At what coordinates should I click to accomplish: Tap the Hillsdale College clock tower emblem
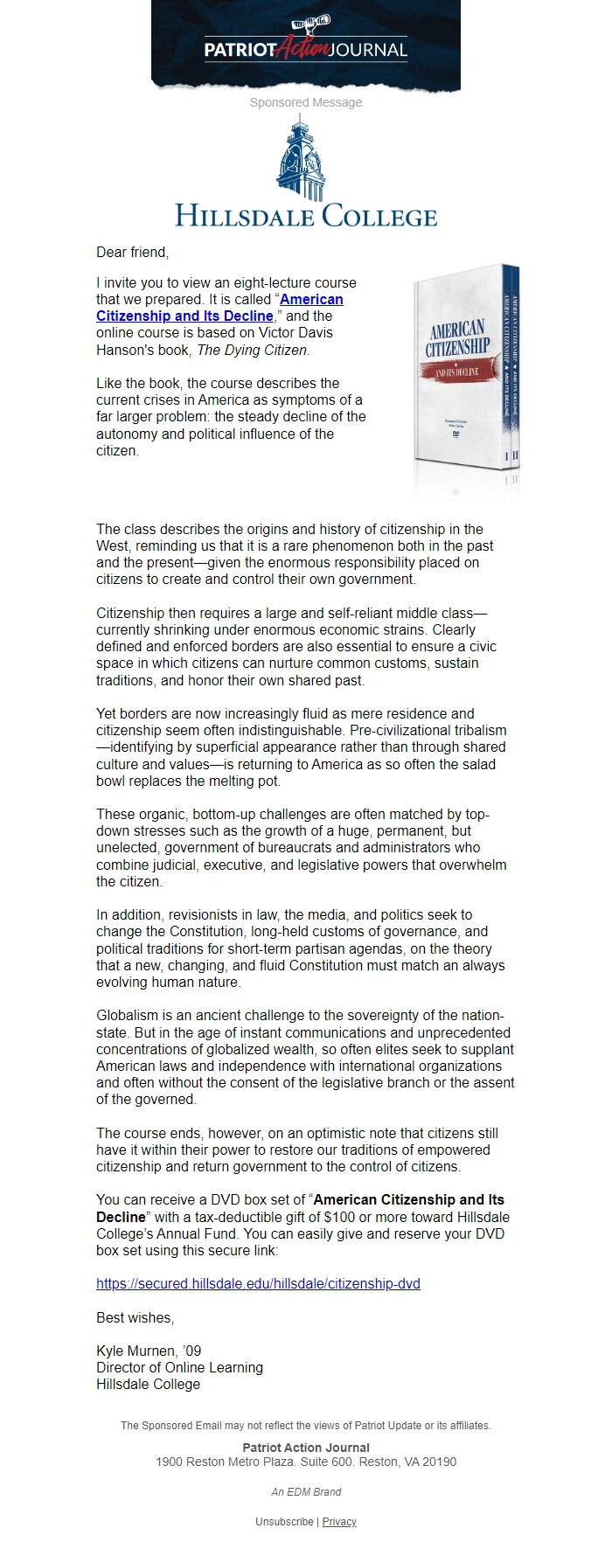pyautogui.click(x=301, y=159)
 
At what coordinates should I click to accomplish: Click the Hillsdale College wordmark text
pyautogui.click(x=305, y=215)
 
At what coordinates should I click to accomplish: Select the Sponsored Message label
pyautogui.click(x=305, y=102)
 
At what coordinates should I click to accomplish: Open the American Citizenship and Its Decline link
pyautogui.click(x=219, y=308)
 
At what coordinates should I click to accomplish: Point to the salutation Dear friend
pyautogui.click(x=132, y=252)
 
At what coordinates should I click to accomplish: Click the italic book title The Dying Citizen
pyautogui.click(x=253, y=350)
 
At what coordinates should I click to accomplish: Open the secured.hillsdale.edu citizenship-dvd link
pyautogui.click(x=258, y=1283)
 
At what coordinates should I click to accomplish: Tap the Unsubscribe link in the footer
pyautogui.click(x=284, y=1521)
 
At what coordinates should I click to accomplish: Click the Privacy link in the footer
pyautogui.click(x=339, y=1521)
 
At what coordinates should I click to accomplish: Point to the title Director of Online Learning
pyautogui.click(x=179, y=1367)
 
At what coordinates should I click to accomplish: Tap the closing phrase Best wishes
pyautogui.click(x=135, y=1317)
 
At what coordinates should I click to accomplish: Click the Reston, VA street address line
pyautogui.click(x=305, y=1462)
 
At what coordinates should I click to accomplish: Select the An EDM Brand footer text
pyautogui.click(x=305, y=1491)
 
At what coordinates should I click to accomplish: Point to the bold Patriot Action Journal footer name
pyautogui.click(x=305, y=1448)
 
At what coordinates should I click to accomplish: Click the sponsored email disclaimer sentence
pyautogui.click(x=305, y=1425)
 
